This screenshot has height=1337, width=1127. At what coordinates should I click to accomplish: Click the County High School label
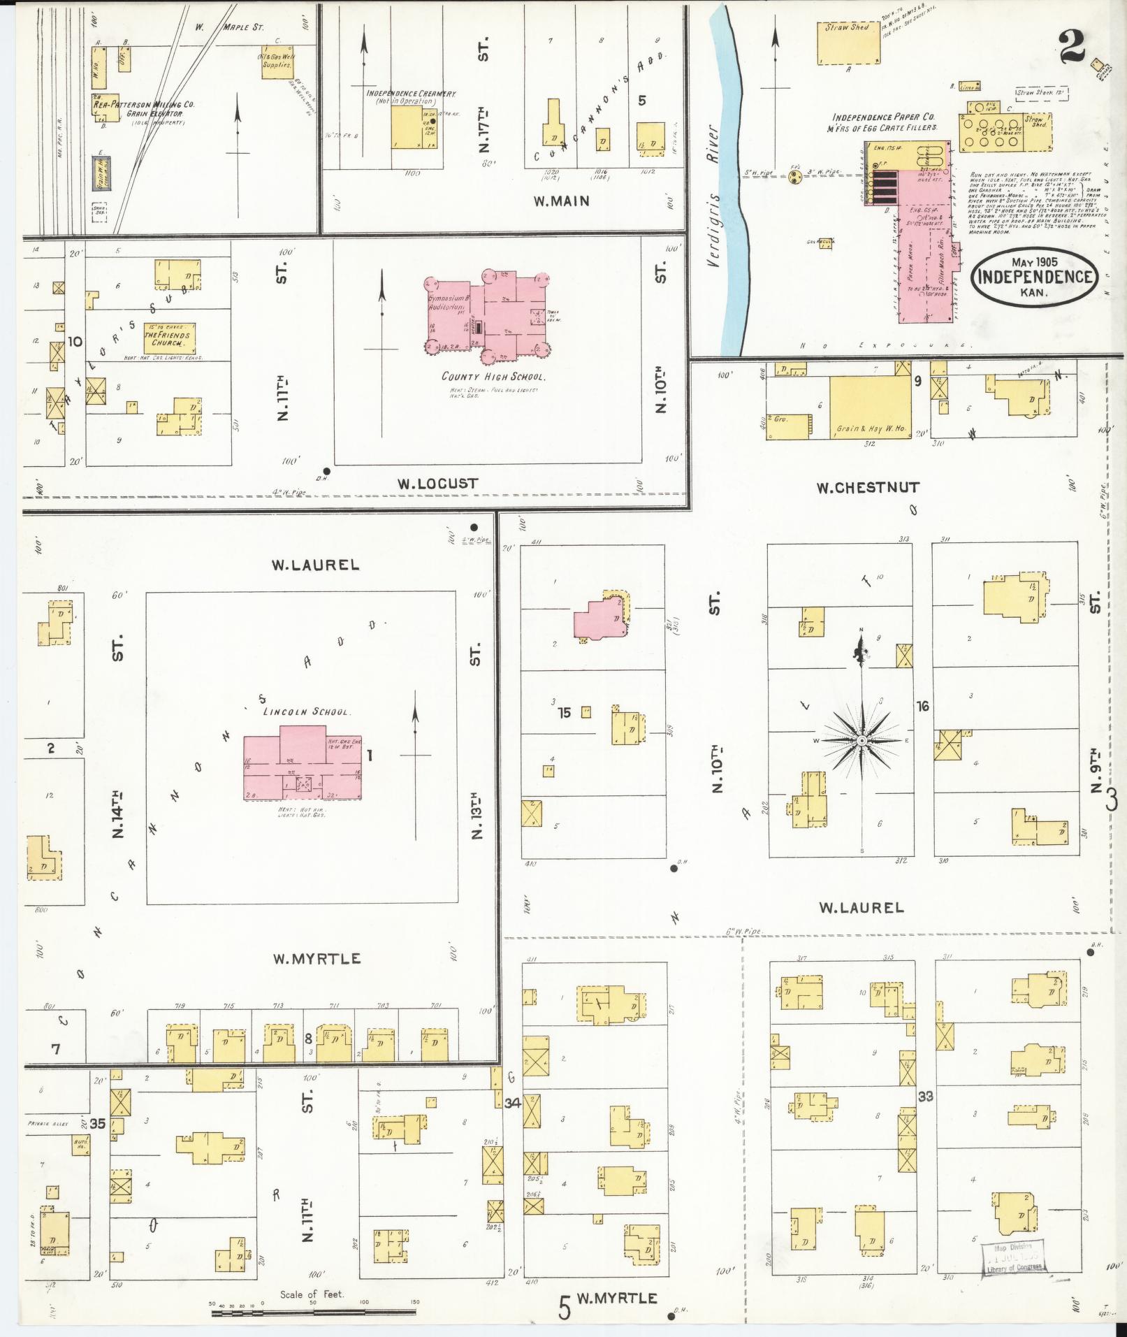coord(493,377)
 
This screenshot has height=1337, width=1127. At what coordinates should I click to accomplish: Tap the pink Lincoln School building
coord(303,769)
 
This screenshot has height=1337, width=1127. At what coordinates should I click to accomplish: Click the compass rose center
coord(861,739)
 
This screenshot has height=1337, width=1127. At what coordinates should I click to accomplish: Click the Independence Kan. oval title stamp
coord(1034,277)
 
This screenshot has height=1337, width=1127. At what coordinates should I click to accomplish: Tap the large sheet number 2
coord(1072,49)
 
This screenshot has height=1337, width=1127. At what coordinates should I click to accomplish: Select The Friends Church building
coord(168,339)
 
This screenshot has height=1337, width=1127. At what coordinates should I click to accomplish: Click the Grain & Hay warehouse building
coord(869,408)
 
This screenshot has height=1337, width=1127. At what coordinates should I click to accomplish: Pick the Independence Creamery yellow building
coord(412,128)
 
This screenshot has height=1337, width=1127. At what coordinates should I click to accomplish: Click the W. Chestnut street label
coord(868,487)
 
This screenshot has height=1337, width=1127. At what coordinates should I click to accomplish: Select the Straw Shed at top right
coord(849,43)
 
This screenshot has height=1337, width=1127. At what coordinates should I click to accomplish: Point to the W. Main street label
coord(561,201)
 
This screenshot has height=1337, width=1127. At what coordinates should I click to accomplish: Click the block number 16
coord(922,707)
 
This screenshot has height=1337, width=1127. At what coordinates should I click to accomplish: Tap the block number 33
coord(925,1097)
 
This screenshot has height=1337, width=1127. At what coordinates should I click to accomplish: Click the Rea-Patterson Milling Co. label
coord(144,104)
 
